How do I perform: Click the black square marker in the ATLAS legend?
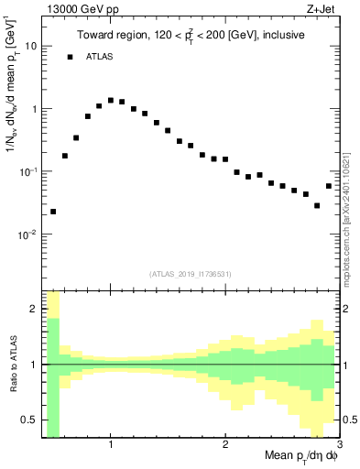pos(70,57)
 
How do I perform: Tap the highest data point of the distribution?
pos(111,100)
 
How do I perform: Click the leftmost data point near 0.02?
pos(53,212)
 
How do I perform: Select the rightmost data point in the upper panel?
pos(329,186)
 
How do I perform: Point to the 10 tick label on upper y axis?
pos(31,46)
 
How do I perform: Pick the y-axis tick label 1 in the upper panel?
pos(34,109)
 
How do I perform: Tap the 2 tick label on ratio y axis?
pos(34,309)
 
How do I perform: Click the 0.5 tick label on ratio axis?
pos(29,420)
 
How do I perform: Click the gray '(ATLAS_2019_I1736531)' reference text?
pos(190,274)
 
